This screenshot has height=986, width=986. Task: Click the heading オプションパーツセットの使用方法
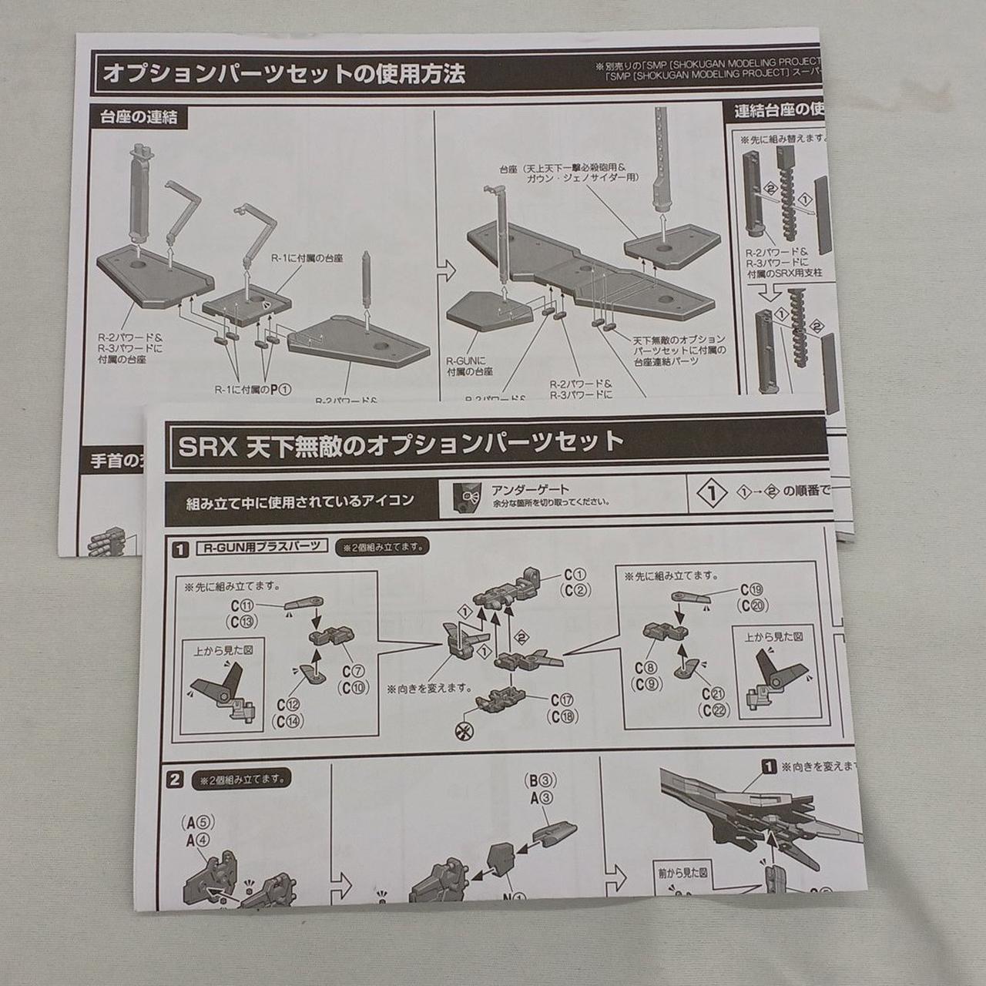(x=283, y=74)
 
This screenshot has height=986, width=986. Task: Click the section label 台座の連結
(x=139, y=117)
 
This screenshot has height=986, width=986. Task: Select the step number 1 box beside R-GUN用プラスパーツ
(x=180, y=550)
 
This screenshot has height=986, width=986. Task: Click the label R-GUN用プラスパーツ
(x=261, y=548)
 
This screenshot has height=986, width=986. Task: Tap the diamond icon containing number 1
(x=714, y=493)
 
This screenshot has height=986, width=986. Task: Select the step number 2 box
(x=176, y=780)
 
